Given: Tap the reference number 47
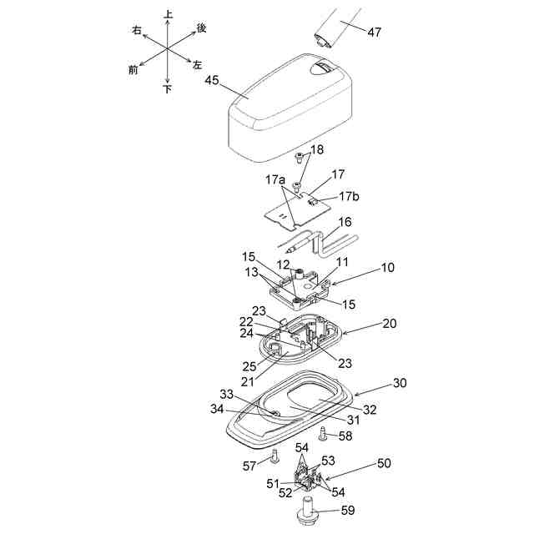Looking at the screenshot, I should coord(373,33).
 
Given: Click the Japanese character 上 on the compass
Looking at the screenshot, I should coord(169,14).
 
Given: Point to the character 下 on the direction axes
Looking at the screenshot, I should coord(168,88).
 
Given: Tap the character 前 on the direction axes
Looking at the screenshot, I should coord(133,70).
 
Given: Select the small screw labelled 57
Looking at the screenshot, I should coord(274,455).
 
